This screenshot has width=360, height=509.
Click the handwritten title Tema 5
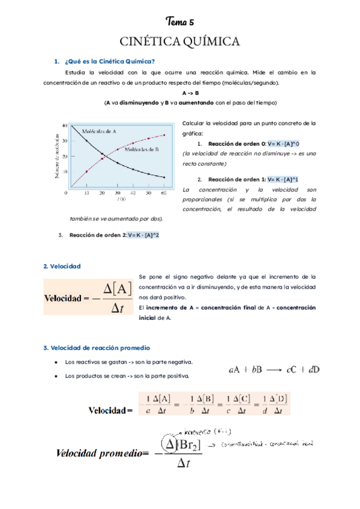click(180, 22)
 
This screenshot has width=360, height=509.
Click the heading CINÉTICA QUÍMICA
click(180, 41)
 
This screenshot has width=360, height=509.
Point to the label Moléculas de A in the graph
click(99, 130)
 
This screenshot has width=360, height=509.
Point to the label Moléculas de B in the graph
click(142, 149)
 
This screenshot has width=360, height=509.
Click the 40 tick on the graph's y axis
click(65, 125)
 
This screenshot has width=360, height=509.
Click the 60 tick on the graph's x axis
click(164, 193)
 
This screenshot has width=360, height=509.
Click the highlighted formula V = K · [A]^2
click(143, 235)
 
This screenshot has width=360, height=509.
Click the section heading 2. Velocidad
click(62, 266)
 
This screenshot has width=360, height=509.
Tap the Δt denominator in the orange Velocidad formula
click(118, 307)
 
